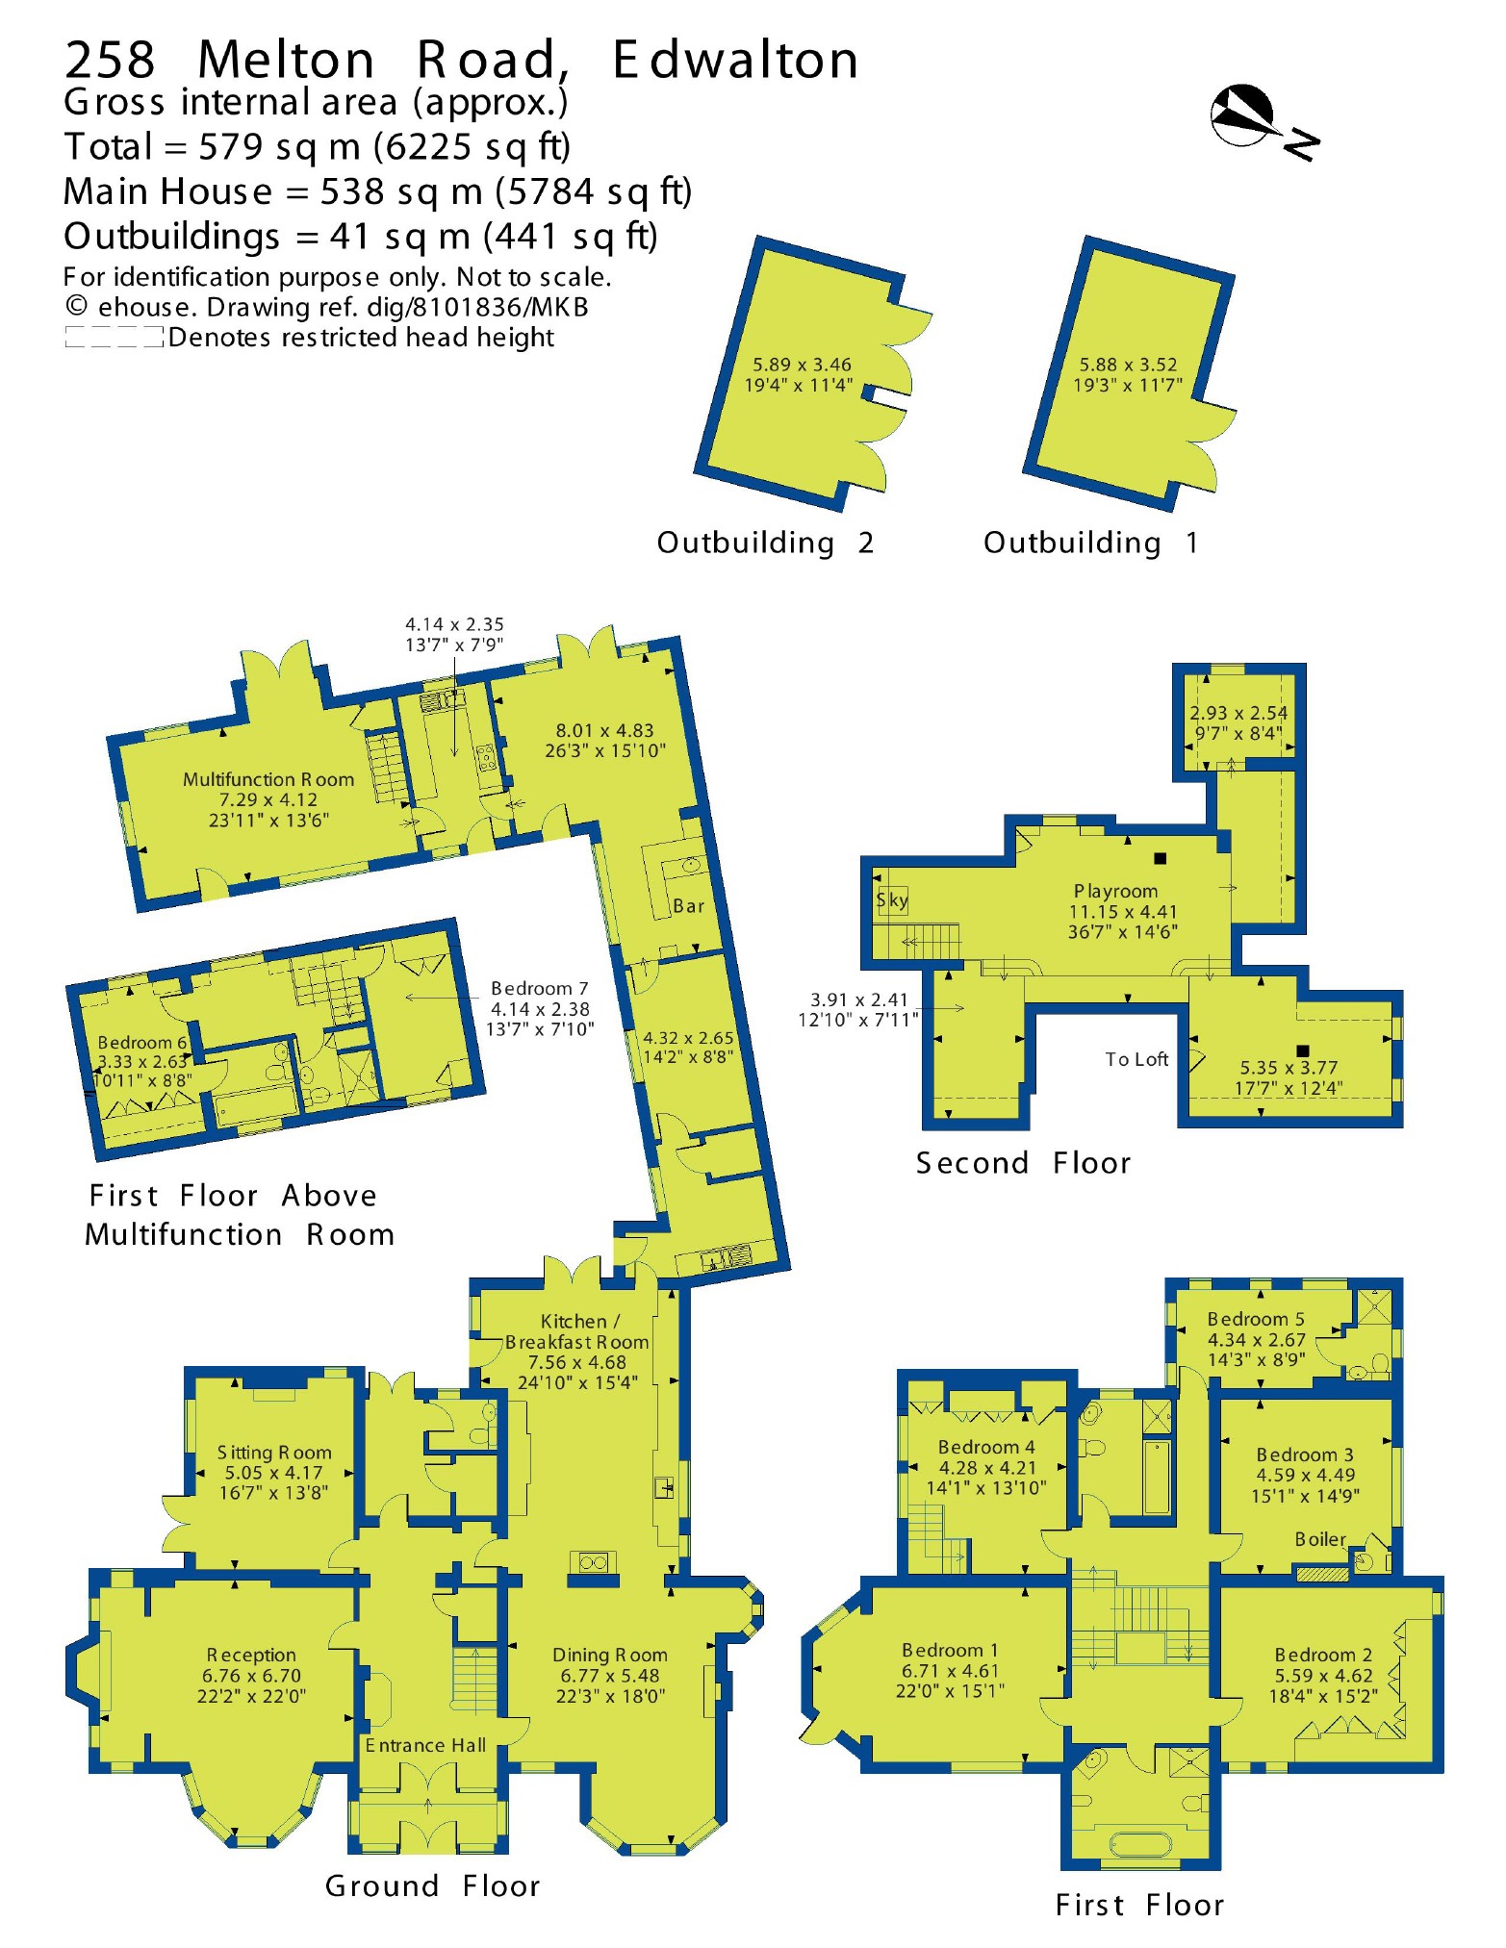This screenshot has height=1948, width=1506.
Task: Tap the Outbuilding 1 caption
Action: [1090, 543]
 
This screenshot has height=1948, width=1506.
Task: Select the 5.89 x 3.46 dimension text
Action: [801, 365]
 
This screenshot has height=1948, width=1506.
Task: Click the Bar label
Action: [688, 905]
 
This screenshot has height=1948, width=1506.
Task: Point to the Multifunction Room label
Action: [268, 779]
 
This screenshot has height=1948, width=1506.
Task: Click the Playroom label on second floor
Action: [1115, 891]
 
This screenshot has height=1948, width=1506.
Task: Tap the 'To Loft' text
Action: [1136, 1059]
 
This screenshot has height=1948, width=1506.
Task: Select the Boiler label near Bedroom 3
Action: [1319, 1539]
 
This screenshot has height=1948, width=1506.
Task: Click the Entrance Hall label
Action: [425, 1745]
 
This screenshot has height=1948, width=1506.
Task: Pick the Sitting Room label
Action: [274, 1453]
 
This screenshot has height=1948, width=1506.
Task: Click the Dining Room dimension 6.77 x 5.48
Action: [610, 1675]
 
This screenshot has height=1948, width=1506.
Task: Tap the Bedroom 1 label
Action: [950, 1650]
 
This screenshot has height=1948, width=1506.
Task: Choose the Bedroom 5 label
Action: [1256, 1319]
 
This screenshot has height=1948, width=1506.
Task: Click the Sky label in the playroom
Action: [891, 899]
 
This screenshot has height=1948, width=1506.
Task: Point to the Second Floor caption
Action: [1023, 1163]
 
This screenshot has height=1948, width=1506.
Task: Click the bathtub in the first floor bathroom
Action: [1141, 1843]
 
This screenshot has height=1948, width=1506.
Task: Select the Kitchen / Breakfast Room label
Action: [577, 1331]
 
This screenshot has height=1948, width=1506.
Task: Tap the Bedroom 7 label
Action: [539, 988]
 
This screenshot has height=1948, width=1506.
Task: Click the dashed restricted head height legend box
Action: [114, 338]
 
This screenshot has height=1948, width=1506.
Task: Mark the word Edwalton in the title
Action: [735, 60]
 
